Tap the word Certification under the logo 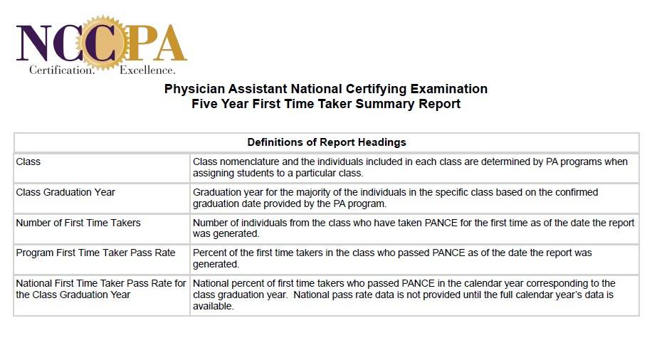tap(61, 70)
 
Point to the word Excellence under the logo tap(147, 70)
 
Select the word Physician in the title tap(195, 89)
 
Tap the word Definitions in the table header tap(276, 142)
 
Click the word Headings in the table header tap(383, 142)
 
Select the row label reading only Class tap(28, 162)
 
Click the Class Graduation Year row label tap(65, 192)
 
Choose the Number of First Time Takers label tap(78, 223)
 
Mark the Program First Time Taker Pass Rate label tap(95, 253)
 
